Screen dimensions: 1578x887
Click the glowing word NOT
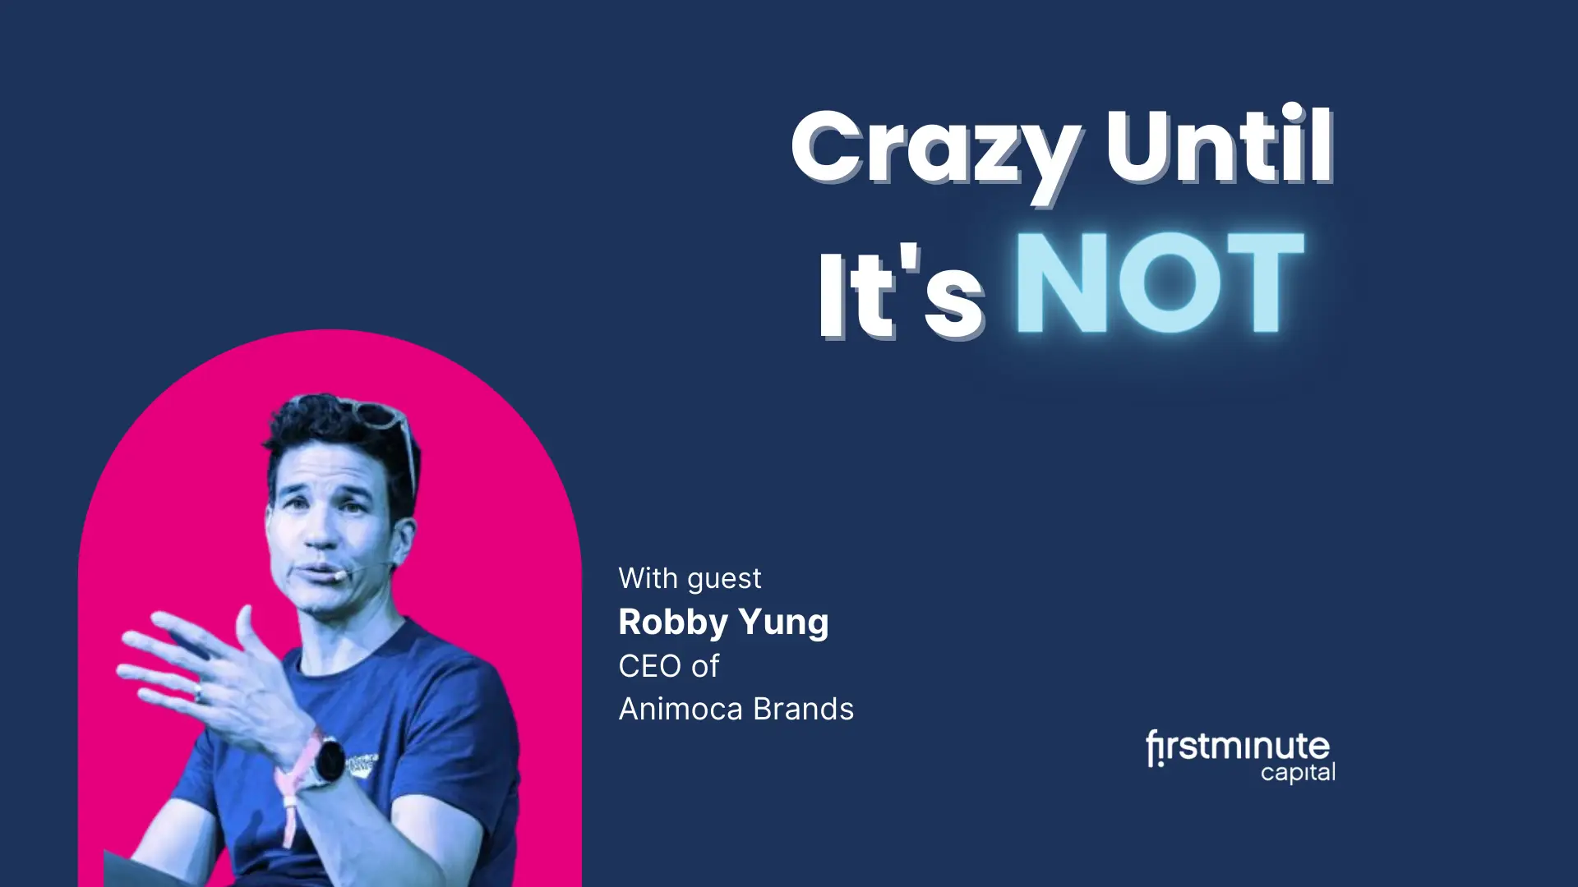1160,283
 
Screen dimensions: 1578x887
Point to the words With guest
690,579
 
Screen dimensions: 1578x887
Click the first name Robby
673,623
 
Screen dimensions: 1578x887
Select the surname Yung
784,623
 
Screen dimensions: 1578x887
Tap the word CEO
650,666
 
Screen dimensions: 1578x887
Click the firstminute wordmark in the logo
1238,747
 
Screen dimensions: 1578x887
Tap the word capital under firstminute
1298,773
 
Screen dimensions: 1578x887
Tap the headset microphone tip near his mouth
339,577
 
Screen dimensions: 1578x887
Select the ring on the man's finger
197,694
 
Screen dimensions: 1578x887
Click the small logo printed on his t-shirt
362,763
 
